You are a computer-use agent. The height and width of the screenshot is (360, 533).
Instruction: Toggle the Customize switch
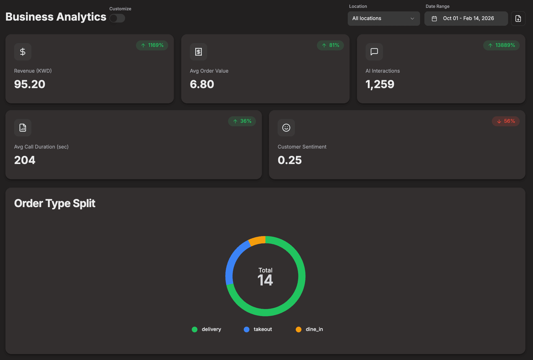[x=117, y=18]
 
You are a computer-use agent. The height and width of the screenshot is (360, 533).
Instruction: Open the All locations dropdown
[x=383, y=18]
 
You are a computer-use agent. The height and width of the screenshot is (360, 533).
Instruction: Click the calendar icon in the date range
[x=434, y=18]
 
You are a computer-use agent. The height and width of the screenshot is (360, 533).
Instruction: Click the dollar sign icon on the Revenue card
[x=23, y=52]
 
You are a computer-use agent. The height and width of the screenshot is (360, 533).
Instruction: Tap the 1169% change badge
[x=152, y=45]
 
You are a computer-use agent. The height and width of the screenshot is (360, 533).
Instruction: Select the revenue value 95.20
[x=30, y=84]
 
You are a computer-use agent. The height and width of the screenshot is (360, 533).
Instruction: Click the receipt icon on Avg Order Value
[x=199, y=52]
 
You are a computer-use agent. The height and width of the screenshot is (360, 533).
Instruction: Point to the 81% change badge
[x=330, y=45]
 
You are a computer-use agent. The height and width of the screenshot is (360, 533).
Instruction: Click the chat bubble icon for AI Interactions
[x=374, y=52]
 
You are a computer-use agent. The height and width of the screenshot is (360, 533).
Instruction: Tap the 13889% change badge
[x=501, y=45]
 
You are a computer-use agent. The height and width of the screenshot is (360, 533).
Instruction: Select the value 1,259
[x=380, y=84]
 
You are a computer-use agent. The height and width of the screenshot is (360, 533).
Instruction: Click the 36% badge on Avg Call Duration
[x=242, y=121]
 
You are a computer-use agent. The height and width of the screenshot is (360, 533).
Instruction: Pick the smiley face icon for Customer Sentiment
[x=286, y=128]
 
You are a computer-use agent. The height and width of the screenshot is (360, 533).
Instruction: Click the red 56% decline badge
[x=506, y=121]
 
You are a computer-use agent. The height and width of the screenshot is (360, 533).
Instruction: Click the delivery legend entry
[x=206, y=329]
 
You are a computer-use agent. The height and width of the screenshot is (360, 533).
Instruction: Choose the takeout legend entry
[x=258, y=329]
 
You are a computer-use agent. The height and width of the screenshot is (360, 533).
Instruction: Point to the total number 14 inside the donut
[x=265, y=280]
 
